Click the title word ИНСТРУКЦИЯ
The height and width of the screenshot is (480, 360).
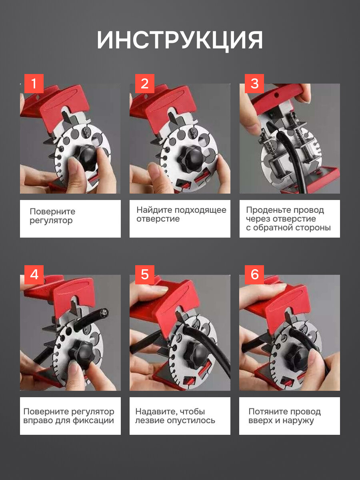[180, 40]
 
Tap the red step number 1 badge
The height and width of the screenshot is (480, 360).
[34, 84]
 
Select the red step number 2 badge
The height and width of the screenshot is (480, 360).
[145, 84]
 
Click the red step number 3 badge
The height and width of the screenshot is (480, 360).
[254, 84]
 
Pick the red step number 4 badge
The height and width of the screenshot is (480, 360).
[34, 275]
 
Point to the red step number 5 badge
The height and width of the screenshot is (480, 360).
[145, 275]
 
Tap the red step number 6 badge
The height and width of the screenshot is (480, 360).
[254, 275]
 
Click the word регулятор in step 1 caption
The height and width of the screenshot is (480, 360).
[51, 221]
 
